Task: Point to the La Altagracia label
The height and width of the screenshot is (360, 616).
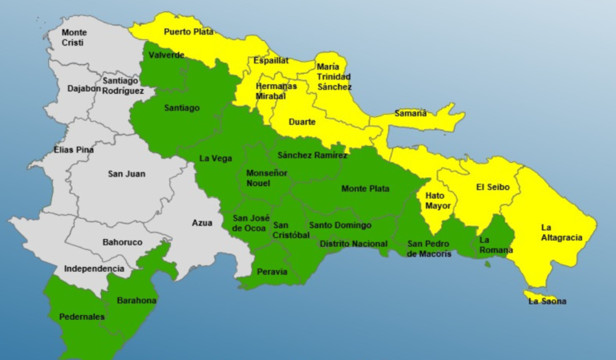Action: (557, 232)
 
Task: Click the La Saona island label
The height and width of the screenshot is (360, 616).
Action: (547, 301)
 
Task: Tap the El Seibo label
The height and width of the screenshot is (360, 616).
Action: (491, 188)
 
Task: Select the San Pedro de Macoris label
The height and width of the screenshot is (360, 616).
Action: (429, 249)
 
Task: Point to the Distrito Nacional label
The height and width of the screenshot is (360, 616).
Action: (353, 243)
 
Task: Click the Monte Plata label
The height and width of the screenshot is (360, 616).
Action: (365, 188)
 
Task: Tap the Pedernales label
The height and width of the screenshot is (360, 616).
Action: (82, 317)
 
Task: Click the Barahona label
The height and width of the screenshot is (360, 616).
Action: (137, 301)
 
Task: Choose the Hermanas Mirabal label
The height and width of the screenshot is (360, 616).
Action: (276, 91)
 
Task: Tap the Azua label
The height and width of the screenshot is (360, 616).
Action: (202, 224)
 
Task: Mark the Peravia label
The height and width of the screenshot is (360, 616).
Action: (272, 272)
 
